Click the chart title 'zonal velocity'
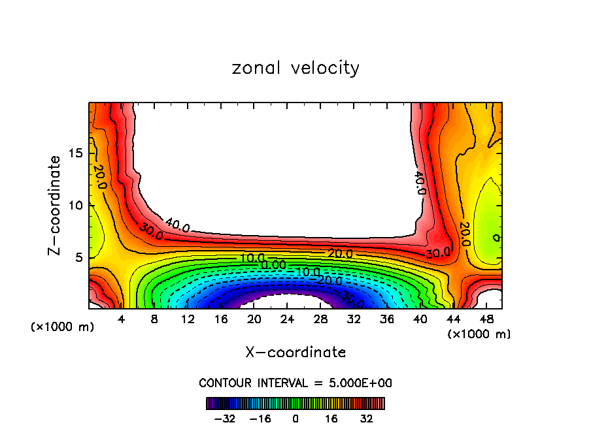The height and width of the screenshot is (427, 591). (295, 68)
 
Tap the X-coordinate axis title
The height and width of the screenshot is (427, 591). (295, 352)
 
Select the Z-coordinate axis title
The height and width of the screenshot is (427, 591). (56, 204)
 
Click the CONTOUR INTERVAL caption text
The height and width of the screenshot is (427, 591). (295, 383)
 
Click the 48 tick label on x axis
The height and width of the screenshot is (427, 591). (486, 320)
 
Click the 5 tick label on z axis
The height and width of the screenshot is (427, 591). (77, 257)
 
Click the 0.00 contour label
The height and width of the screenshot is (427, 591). (273, 265)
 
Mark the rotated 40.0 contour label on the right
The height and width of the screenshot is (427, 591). (420, 183)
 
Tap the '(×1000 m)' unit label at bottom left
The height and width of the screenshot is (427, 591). (63, 326)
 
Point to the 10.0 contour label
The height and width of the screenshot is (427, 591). (252, 259)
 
